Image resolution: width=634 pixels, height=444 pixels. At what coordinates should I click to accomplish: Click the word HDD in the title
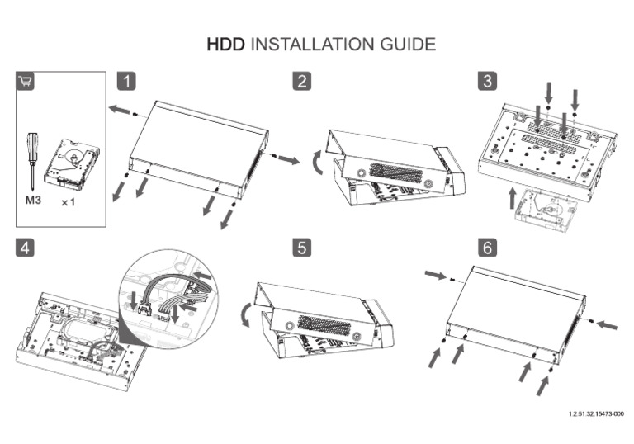(x=225, y=44)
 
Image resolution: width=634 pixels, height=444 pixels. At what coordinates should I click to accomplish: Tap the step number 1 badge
(x=126, y=81)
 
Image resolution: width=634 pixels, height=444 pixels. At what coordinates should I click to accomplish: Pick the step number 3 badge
(x=489, y=81)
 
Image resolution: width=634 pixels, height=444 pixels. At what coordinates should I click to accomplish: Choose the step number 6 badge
(x=489, y=248)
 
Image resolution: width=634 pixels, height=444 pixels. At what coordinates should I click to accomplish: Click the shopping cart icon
(x=26, y=81)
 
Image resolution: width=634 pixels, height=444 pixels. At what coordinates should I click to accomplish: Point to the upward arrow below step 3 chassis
(x=513, y=199)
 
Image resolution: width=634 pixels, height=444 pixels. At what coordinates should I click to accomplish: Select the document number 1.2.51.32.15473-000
(x=595, y=413)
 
